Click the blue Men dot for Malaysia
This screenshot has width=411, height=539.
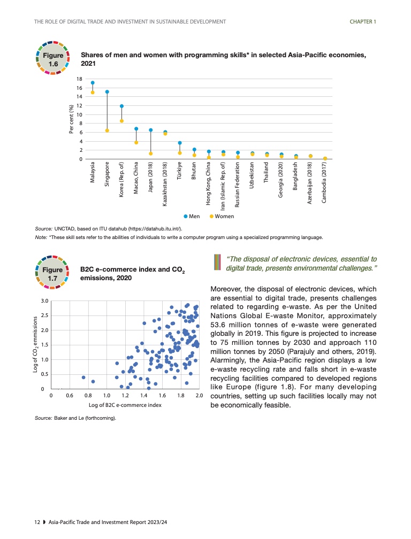tap(93, 83)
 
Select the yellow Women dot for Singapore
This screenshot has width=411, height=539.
tap(107, 130)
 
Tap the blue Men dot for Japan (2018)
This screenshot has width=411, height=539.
tap(151, 130)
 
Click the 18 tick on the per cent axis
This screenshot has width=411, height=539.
tap(79, 79)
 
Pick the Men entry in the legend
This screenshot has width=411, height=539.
tap(192, 216)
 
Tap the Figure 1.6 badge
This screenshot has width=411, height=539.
tap(53, 58)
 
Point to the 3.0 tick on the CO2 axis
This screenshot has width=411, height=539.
tap(45, 301)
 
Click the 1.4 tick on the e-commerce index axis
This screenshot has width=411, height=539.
tap(143, 396)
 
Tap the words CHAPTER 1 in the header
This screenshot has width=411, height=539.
tap(363, 21)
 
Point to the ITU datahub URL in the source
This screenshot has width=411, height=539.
tap(150, 229)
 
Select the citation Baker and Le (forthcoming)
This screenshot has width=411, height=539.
tap(86, 417)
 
